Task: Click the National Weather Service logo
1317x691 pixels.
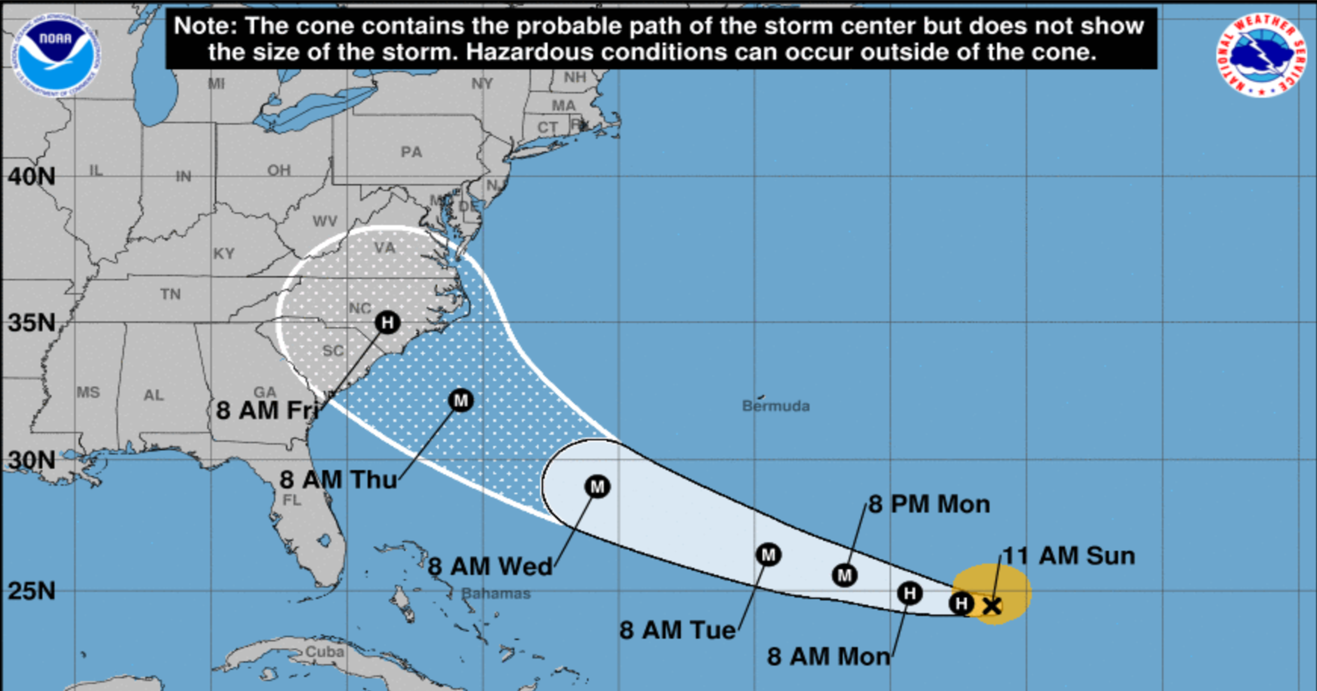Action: tap(1261, 55)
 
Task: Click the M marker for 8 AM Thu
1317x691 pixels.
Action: tap(461, 400)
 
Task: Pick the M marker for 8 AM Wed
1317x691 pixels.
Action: tap(597, 487)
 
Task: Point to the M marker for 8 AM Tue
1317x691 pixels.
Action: tap(768, 554)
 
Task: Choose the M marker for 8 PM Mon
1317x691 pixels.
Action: tap(844, 575)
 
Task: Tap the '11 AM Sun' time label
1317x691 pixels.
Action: tap(1068, 556)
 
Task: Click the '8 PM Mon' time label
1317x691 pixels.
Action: tap(929, 504)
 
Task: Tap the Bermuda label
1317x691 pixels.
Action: tap(775, 406)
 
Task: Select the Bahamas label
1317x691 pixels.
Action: tap(496, 594)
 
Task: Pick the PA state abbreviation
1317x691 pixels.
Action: tap(412, 152)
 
